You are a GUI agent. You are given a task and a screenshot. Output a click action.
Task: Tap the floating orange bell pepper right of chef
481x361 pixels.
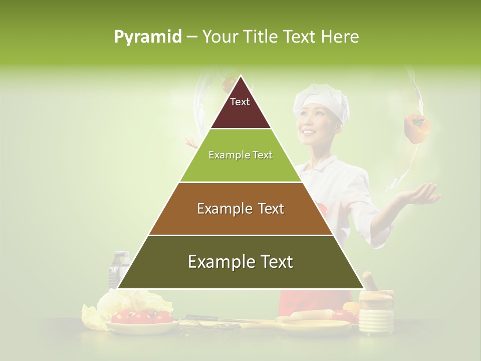(x=416, y=128)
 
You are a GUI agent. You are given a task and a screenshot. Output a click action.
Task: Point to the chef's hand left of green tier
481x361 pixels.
(x=191, y=144)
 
